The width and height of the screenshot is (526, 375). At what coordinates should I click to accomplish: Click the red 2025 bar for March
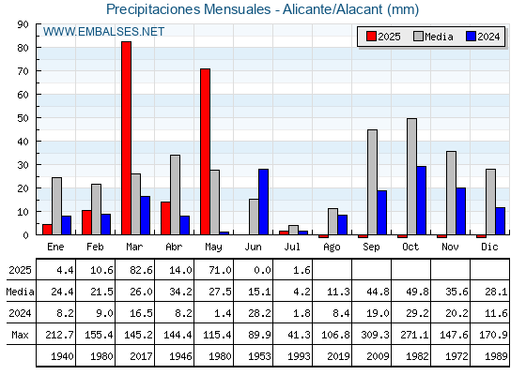(127, 138)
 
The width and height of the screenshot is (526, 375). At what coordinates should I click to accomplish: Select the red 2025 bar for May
(206, 152)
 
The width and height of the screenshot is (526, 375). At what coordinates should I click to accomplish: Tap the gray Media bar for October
(412, 176)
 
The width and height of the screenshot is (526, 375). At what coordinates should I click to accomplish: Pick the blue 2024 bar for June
(263, 202)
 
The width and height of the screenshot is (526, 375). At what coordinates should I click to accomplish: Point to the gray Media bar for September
(372, 182)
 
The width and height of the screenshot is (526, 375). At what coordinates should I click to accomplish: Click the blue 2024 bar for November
(461, 211)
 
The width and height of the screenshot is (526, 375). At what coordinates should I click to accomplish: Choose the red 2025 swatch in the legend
(371, 37)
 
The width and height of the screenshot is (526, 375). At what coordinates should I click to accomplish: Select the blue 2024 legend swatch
(471, 37)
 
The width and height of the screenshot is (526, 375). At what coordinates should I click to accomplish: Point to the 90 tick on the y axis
(23, 24)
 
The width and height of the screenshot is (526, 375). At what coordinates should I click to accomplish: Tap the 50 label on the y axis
(23, 118)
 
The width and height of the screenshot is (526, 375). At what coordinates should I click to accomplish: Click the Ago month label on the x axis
(333, 247)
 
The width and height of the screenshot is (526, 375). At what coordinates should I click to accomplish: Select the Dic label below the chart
(489, 247)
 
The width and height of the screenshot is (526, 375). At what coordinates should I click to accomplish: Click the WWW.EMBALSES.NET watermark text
(103, 32)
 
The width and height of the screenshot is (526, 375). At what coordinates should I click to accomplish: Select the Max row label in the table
(20, 335)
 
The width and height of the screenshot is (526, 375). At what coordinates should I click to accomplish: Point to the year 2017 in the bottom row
(141, 356)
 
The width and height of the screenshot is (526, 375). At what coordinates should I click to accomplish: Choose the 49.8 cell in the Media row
(418, 292)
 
